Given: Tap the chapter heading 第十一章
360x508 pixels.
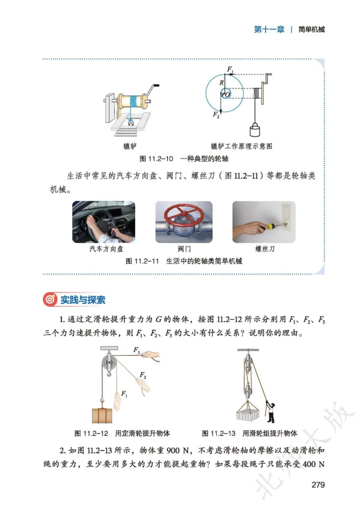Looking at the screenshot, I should click(269, 30).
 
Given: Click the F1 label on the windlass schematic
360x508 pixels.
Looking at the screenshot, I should click(230, 70).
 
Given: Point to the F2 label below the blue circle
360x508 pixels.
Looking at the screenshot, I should click(216, 115).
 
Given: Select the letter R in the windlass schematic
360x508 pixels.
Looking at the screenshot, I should click(221, 83).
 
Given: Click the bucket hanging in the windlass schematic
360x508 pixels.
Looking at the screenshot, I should click(255, 130).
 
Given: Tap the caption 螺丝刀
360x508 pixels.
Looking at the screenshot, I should click(265, 249).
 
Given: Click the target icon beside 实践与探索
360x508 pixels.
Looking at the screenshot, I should click(50, 300).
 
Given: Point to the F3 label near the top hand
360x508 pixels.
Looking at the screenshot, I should click(136, 349).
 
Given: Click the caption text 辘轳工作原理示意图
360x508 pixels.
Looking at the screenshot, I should click(242, 147).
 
